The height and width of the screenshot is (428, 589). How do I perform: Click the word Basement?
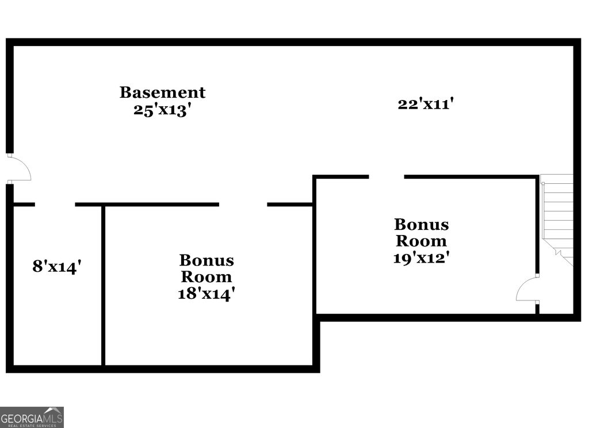point(162,92)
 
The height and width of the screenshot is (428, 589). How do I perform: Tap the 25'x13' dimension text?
point(162,110)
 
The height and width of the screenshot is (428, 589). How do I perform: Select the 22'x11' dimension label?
point(426,104)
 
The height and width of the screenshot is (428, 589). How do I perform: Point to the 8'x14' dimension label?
point(56,267)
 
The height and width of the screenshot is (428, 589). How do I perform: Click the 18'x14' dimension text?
point(206,294)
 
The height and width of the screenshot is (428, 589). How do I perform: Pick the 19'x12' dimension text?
point(421,257)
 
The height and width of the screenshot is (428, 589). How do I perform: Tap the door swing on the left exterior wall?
point(19,169)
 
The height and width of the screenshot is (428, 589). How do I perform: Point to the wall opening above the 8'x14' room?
point(55,204)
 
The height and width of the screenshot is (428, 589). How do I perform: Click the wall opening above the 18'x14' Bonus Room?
point(243,204)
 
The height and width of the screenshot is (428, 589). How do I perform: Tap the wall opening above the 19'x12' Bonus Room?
point(386,177)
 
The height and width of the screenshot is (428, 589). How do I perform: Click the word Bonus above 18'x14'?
point(206,261)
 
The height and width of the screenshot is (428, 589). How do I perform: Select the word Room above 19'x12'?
point(421,241)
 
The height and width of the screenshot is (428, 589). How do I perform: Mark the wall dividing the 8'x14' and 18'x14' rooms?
point(104,284)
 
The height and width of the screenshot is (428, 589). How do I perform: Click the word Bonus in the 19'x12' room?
point(421,224)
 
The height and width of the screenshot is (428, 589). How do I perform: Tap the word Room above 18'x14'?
point(206,277)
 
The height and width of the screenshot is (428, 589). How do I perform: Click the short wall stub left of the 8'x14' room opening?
point(24,204)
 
